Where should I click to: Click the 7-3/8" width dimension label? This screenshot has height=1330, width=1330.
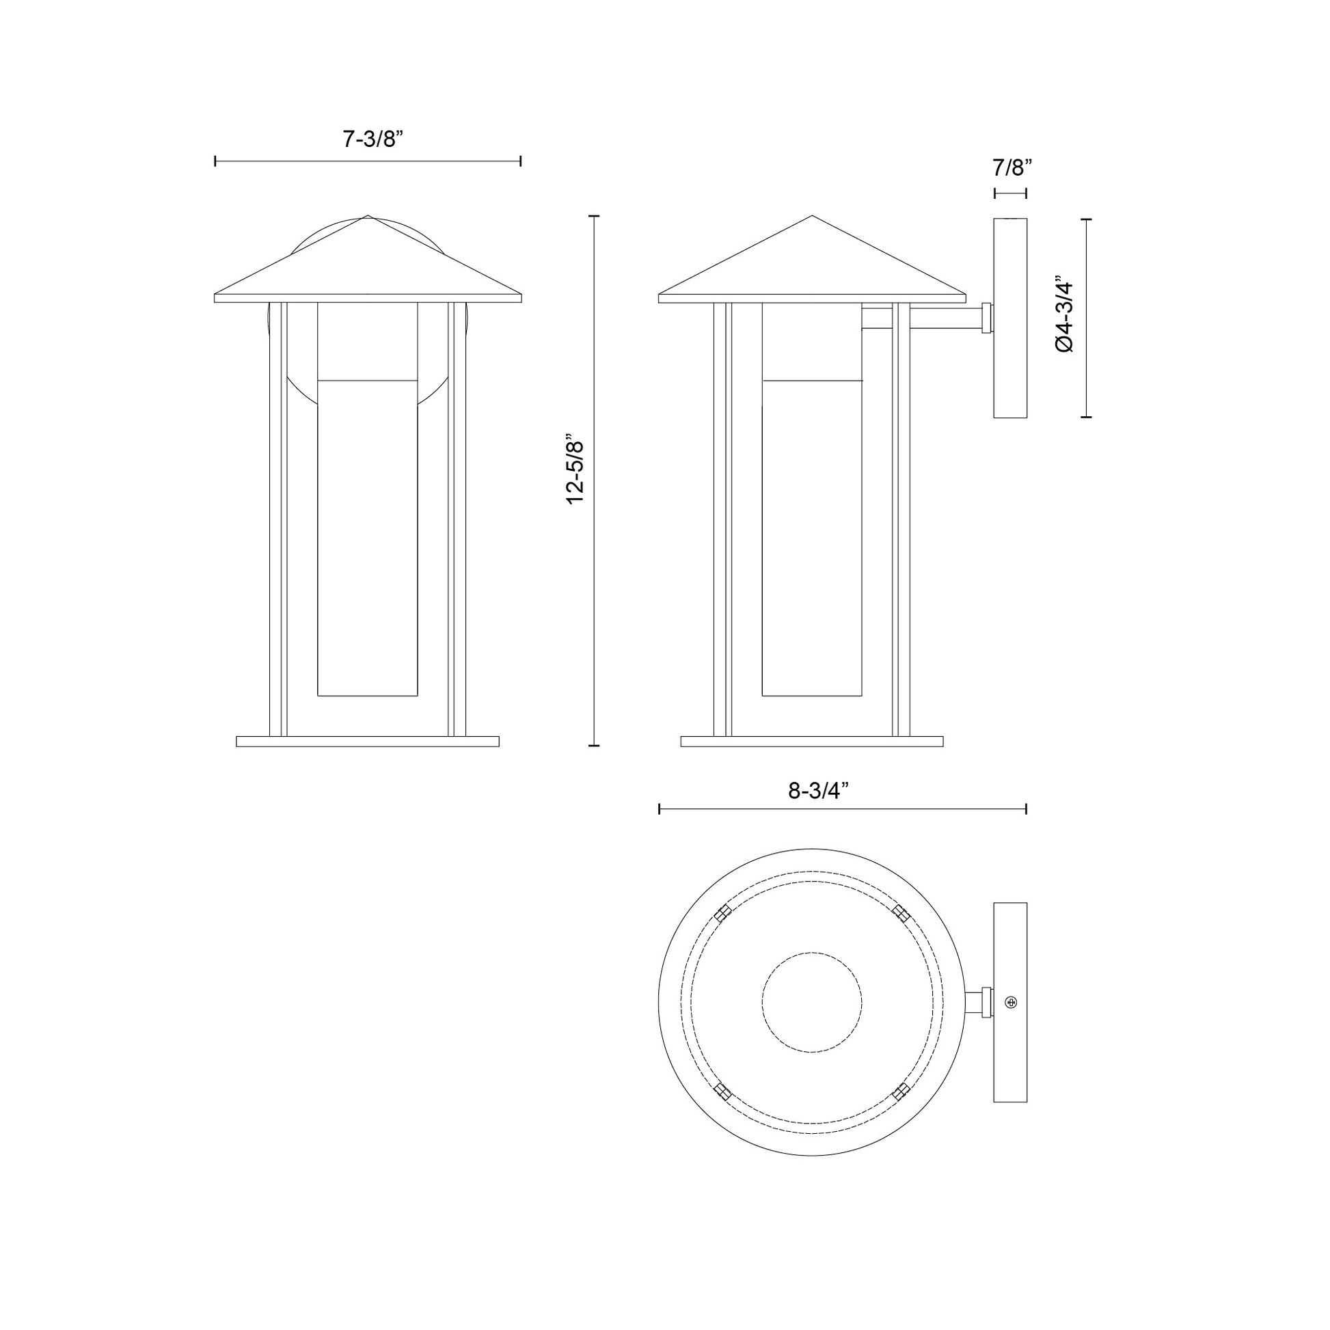pyautogui.click(x=372, y=139)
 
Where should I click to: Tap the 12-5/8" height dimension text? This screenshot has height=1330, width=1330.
pyautogui.click(x=575, y=469)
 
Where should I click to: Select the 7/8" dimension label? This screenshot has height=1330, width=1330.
pyautogui.click(x=1013, y=167)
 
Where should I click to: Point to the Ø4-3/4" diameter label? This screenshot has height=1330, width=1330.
pyautogui.click(x=1064, y=316)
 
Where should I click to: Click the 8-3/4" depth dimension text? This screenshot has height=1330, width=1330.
pyautogui.click(x=816, y=791)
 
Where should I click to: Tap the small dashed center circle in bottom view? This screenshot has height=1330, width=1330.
pyautogui.click(x=812, y=1003)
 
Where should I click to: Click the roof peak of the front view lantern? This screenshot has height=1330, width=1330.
pyautogui.click(x=368, y=217)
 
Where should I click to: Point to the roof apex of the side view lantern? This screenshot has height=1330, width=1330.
pyautogui.click(x=813, y=217)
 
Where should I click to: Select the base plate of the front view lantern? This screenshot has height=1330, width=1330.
pyautogui.click(x=368, y=742)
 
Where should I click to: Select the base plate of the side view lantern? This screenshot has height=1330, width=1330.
pyautogui.click(x=812, y=742)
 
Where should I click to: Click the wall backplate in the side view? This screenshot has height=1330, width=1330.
pyautogui.click(x=1011, y=318)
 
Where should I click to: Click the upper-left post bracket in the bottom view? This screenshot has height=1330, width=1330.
pyautogui.click(x=722, y=914)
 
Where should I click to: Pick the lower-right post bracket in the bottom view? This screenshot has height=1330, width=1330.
pyautogui.click(x=900, y=1091)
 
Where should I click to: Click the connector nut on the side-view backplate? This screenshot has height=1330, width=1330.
pyautogui.click(x=987, y=318)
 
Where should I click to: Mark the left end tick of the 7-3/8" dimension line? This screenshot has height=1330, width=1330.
pyautogui.click(x=215, y=161)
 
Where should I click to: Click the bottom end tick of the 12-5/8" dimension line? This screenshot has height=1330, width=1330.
pyautogui.click(x=595, y=745)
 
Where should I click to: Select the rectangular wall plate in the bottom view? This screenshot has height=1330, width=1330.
pyautogui.click(x=1011, y=1003)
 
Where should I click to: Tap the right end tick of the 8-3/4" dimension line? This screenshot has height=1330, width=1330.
pyautogui.click(x=1027, y=809)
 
